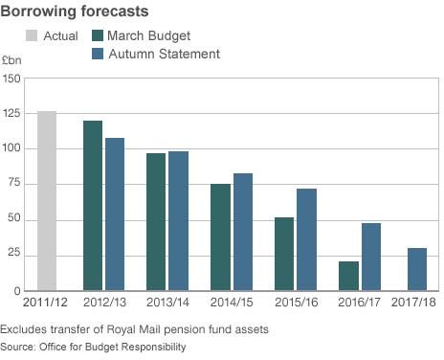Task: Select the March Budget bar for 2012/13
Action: click(x=93, y=206)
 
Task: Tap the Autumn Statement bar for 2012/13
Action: click(x=115, y=214)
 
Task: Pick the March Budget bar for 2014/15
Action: click(x=220, y=236)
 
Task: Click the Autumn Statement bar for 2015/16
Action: click(x=306, y=239)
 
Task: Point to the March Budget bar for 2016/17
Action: click(x=348, y=276)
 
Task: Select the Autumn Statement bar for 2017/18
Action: click(x=417, y=269)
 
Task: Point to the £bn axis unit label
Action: click(x=11, y=59)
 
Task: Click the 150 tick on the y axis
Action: click(x=11, y=78)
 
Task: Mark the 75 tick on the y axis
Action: click(x=14, y=184)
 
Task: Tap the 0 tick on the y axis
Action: click(x=18, y=290)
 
